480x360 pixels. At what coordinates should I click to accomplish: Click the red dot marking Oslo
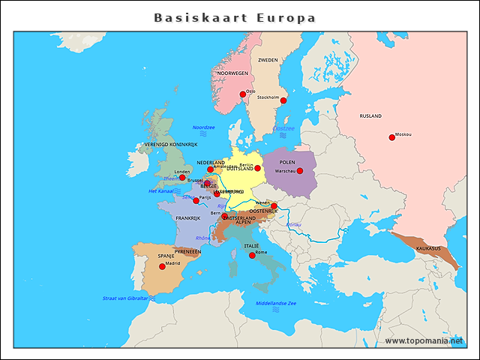pyautogui.click(x=242, y=94)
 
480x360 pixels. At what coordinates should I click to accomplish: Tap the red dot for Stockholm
pyautogui.click(x=283, y=100)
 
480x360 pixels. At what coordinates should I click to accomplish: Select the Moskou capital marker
pyautogui.click(x=391, y=136)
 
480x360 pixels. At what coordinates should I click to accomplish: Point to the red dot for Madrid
pyautogui.click(x=162, y=266)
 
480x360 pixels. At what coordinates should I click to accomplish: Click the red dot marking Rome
pyautogui.click(x=252, y=255)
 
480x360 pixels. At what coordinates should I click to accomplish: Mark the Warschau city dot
pyautogui.click(x=299, y=171)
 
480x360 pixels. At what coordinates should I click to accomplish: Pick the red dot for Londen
pyautogui.click(x=182, y=178)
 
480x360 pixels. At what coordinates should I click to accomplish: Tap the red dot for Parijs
pyautogui.click(x=196, y=200)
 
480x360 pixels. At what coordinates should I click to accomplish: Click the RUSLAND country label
pyautogui.click(x=370, y=116)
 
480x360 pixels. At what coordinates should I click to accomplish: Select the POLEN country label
pyautogui.click(x=286, y=162)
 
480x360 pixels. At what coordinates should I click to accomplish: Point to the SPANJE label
pyautogui.click(x=166, y=256)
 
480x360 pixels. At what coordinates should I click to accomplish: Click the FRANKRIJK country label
pyautogui.click(x=189, y=218)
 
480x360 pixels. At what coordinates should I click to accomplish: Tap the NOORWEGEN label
pyautogui.click(x=232, y=73)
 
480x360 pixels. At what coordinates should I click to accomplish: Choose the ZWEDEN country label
pyautogui.click(x=268, y=60)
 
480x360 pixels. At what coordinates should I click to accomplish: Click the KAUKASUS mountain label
pyautogui.click(x=429, y=247)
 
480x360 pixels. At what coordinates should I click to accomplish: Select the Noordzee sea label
pyautogui.click(x=203, y=127)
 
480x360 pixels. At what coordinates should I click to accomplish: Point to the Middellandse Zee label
pyautogui.click(x=276, y=303)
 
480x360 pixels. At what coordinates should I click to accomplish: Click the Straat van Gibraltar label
pyautogui.click(x=125, y=298)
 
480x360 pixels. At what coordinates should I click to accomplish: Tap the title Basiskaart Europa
pyautogui.click(x=235, y=17)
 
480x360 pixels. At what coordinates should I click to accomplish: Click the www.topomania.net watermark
pyautogui.click(x=424, y=340)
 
